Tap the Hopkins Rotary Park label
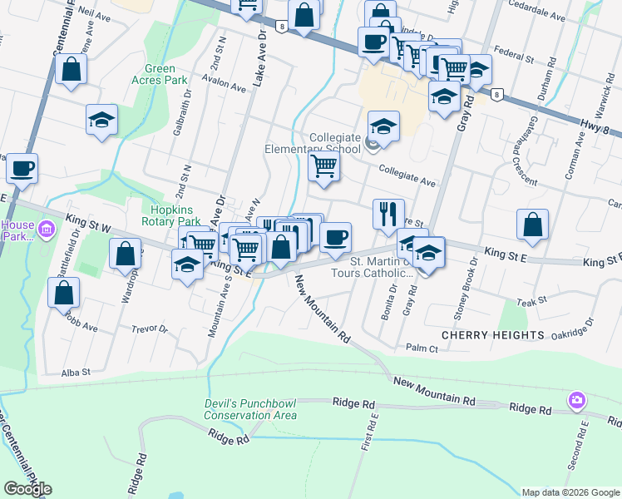[x=176, y=215]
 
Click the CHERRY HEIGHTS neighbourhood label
[x=492, y=335]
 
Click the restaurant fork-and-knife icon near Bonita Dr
[x=388, y=215]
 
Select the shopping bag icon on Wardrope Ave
[x=126, y=254]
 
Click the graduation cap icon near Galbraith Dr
[x=101, y=120]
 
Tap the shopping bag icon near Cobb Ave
[x=64, y=293]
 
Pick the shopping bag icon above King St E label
[x=532, y=224]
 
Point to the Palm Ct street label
[x=422, y=348]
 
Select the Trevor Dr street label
[x=151, y=329]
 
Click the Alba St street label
[x=76, y=373]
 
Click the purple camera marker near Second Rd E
[x=576, y=402]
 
